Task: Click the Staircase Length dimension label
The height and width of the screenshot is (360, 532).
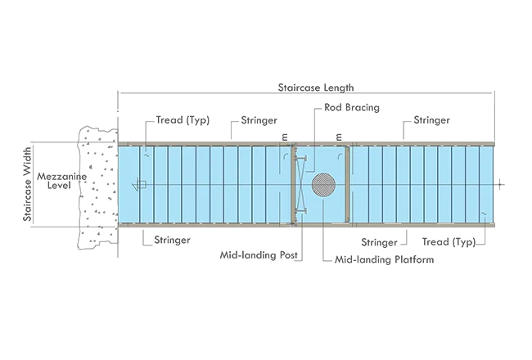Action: (316, 88)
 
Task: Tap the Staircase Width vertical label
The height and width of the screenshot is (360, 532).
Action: (27, 184)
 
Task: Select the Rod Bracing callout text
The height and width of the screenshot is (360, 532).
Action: (352, 107)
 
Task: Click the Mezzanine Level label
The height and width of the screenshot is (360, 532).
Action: (61, 181)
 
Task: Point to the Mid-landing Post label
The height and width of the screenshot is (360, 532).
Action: (259, 254)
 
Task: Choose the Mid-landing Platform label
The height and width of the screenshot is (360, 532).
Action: (384, 259)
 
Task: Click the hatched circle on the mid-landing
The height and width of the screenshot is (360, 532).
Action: (323, 185)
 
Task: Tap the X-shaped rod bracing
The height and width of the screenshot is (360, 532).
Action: (300, 185)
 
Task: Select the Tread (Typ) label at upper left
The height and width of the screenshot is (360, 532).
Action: (183, 120)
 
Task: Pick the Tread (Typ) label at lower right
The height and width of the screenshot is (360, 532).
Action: (449, 242)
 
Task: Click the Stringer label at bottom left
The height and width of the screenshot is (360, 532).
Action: (172, 240)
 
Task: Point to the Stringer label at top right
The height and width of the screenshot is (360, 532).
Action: (431, 120)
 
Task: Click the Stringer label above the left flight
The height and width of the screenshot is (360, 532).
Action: (259, 120)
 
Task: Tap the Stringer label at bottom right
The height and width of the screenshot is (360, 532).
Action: (379, 242)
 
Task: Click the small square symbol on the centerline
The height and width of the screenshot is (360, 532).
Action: (142, 185)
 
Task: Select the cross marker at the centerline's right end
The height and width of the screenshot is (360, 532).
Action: (500, 185)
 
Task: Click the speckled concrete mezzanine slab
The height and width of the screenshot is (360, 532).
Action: (98, 187)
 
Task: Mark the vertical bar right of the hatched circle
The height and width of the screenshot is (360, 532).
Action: (347, 185)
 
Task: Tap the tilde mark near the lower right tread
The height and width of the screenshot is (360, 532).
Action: (484, 214)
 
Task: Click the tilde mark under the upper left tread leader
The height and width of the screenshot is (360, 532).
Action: (147, 155)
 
